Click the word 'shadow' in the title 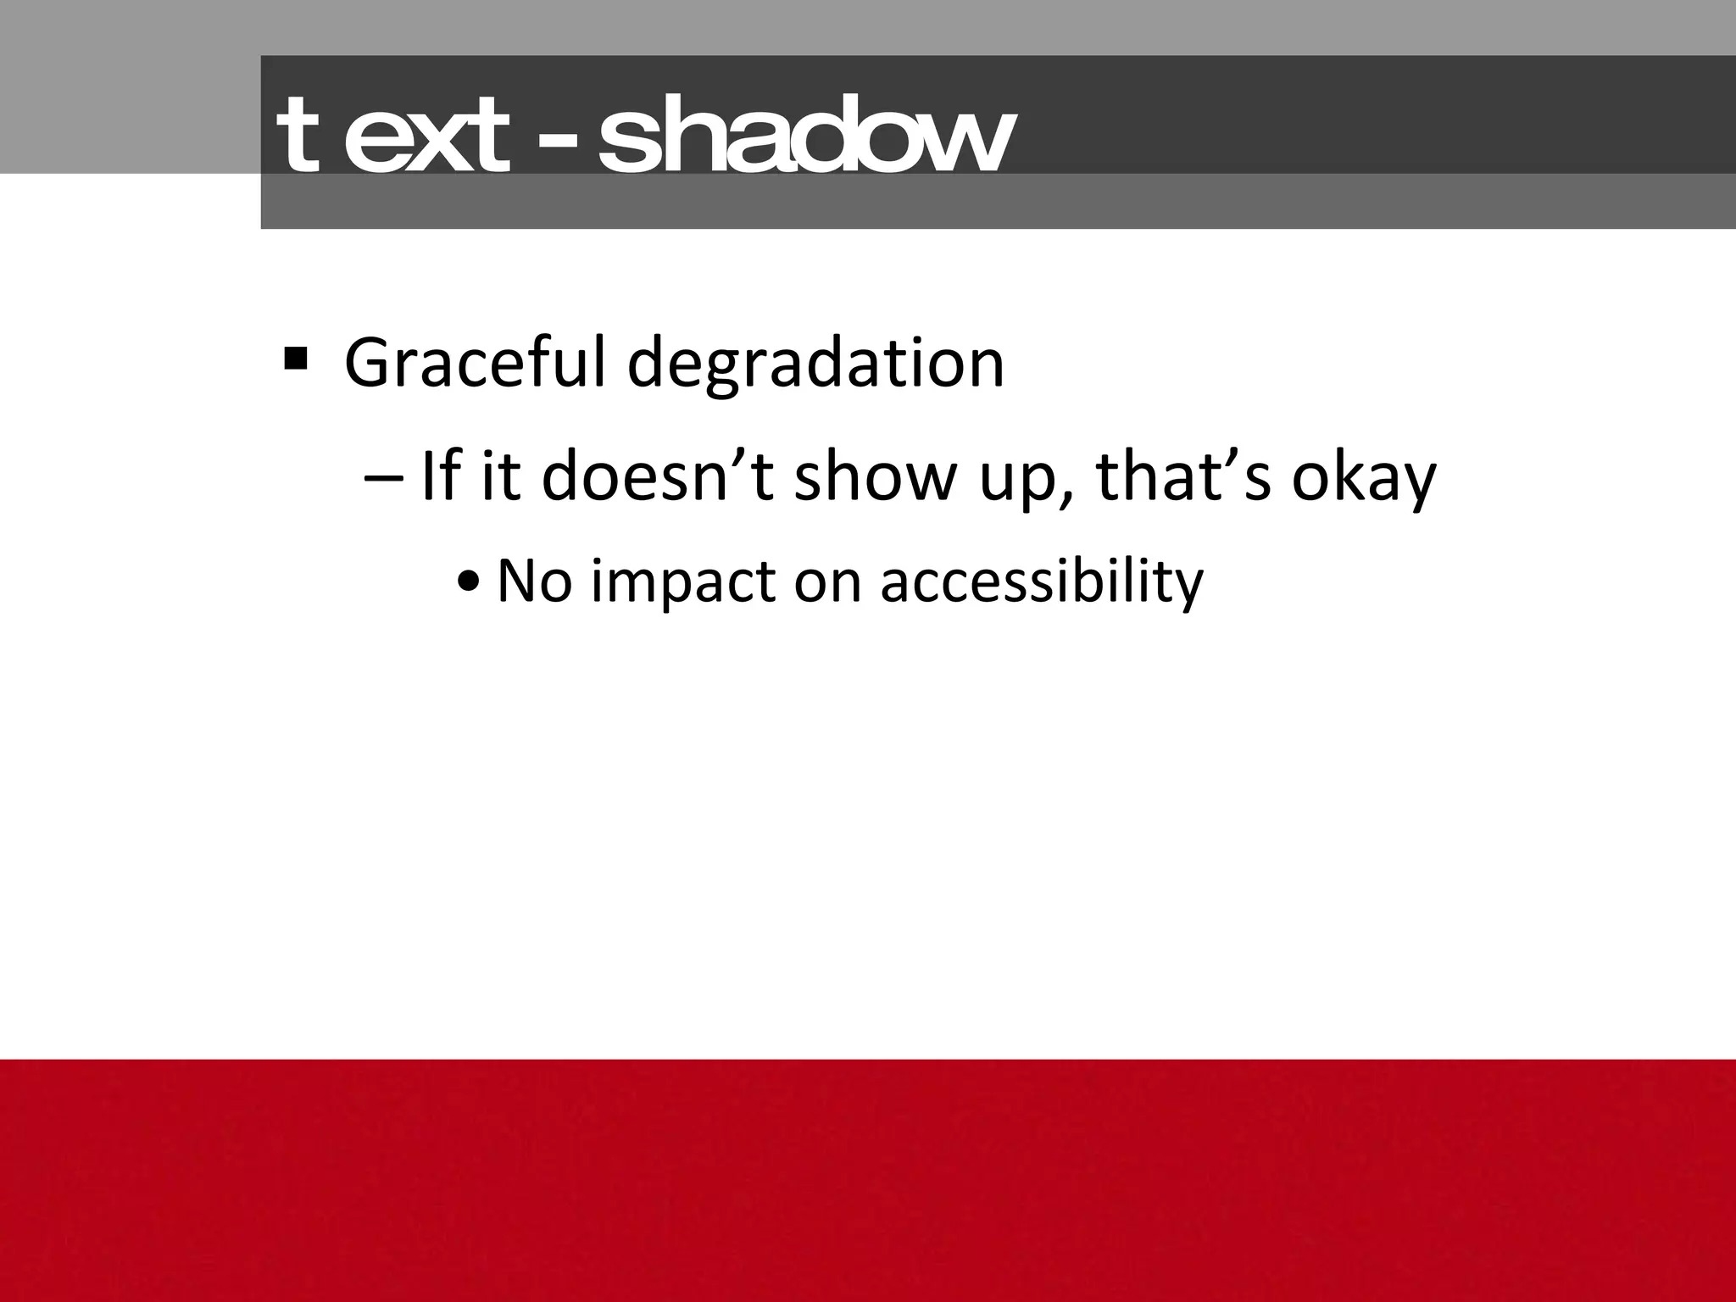(804, 136)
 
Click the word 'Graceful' (476, 364)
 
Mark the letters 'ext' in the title (428, 136)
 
